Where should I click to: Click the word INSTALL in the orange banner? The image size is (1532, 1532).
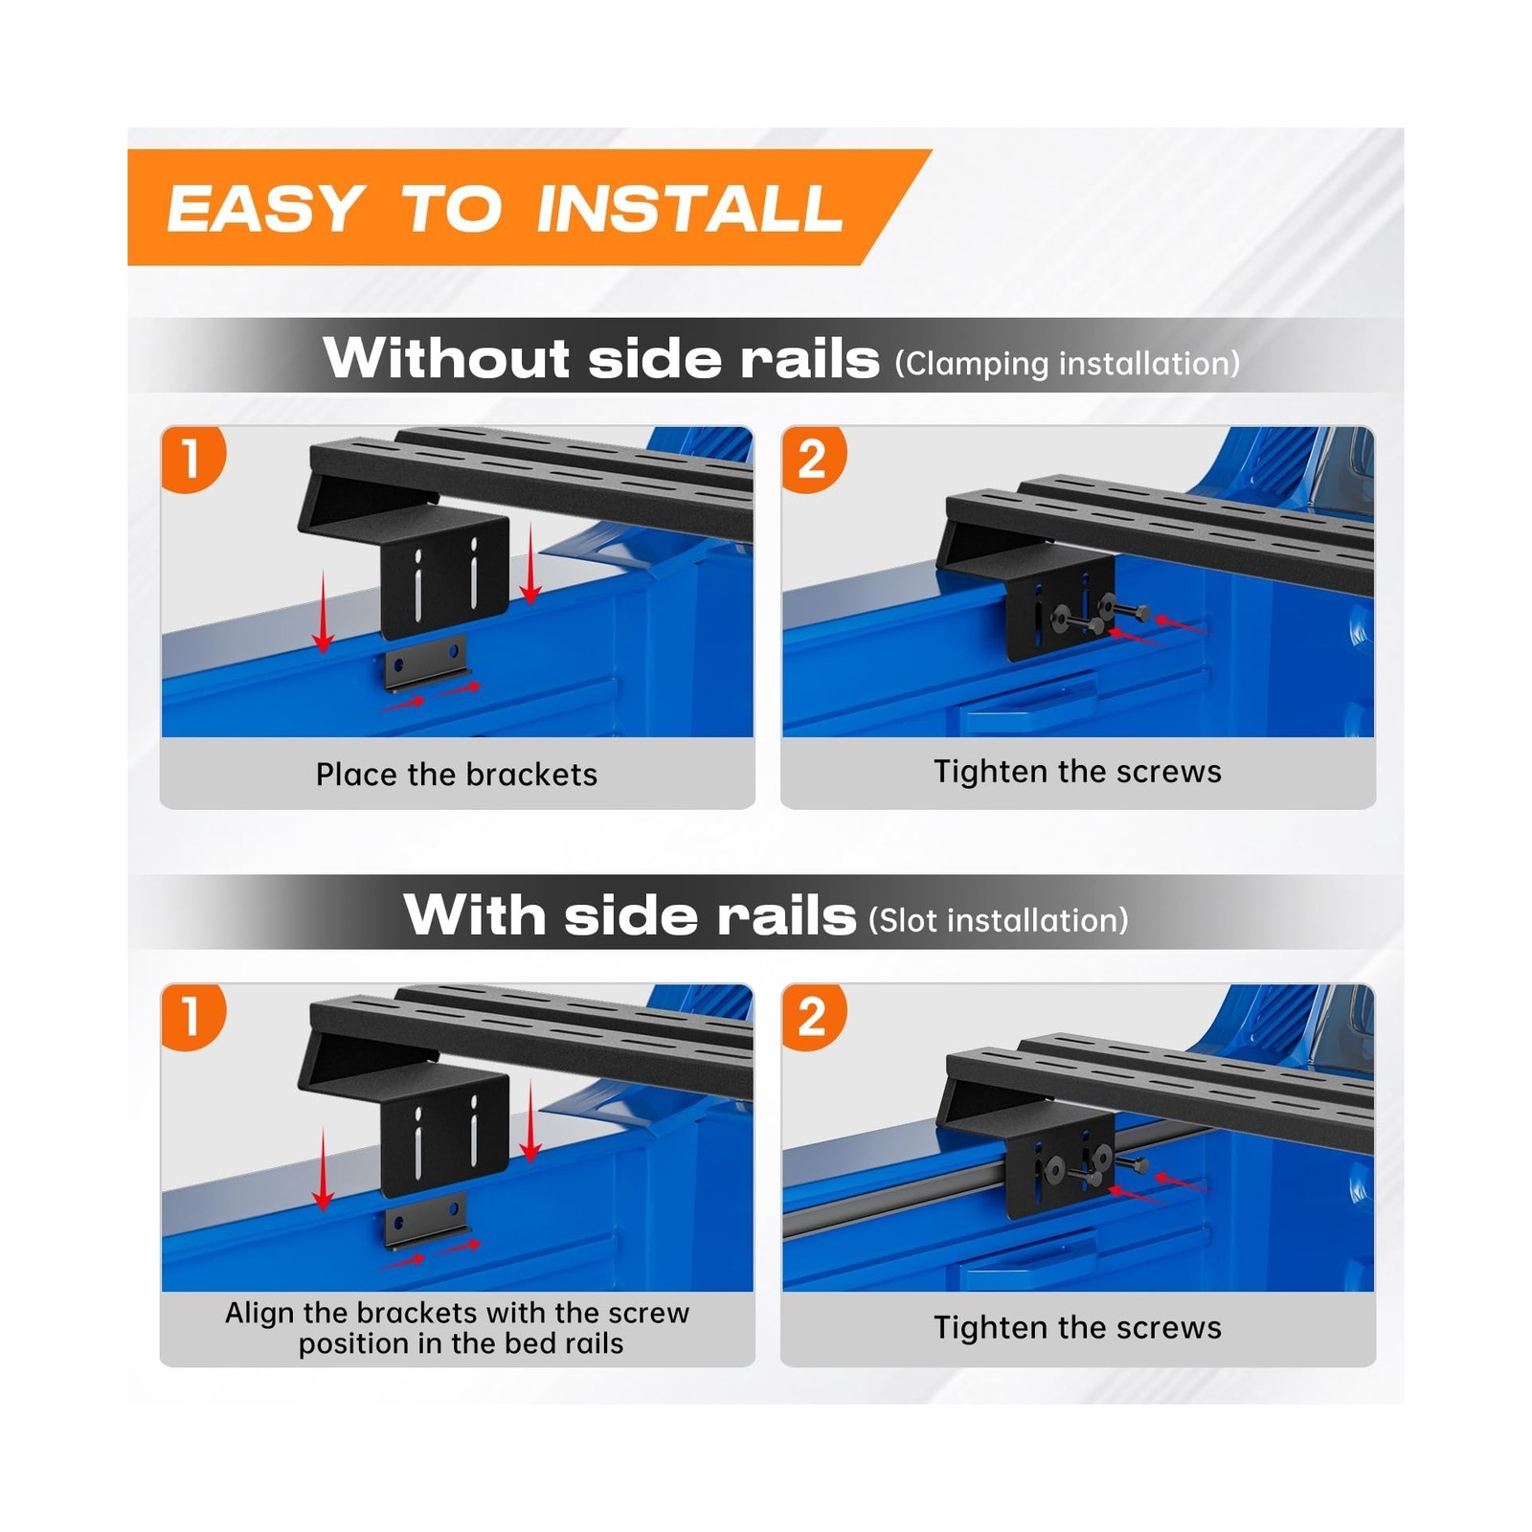point(689,208)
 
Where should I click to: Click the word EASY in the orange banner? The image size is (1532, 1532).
point(264,208)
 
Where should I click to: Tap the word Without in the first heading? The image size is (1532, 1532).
point(448,358)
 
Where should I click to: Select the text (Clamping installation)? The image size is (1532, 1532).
point(1068,364)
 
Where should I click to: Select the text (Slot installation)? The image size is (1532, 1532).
point(999,920)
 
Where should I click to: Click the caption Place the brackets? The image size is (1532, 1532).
point(457,774)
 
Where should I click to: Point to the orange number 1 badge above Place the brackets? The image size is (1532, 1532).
point(192,459)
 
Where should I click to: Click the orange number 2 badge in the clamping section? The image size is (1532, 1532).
point(814,459)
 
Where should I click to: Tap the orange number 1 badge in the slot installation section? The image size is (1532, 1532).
point(192,1016)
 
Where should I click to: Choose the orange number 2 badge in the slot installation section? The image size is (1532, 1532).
point(814,1016)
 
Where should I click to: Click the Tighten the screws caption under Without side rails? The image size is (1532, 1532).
point(1078,772)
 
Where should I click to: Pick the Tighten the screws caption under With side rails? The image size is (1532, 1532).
point(1078,1328)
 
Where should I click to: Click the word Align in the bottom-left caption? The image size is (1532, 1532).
point(257,1313)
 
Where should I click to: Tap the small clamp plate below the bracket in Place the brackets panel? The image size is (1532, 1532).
point(426,662)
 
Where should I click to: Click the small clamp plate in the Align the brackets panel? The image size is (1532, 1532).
point(426,1221)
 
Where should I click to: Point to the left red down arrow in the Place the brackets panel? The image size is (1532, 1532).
point(324,612)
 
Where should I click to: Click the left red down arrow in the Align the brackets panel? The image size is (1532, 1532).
point(324,1170)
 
